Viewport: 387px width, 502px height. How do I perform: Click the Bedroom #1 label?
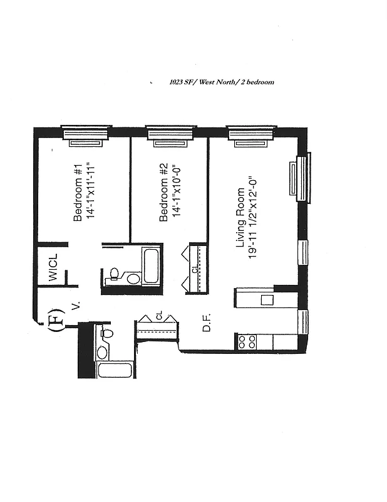tap(78, 193)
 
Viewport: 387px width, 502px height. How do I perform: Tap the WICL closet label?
tap(53, 267)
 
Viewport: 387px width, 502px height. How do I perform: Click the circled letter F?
tap(54, 318)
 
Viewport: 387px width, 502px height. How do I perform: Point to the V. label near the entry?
tap(76, 306)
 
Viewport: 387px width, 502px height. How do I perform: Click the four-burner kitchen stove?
tap(247, 342)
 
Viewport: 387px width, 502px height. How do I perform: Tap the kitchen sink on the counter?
tap(267, 299)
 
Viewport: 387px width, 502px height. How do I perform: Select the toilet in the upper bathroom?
tap(113, 274)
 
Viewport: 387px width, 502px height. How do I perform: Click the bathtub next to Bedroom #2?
tap(151, 266)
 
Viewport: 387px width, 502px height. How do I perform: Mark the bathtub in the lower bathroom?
tap(114, 370)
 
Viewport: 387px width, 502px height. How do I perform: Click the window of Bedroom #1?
tap(86, 134)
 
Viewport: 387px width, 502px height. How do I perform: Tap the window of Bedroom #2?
tap(168, 134)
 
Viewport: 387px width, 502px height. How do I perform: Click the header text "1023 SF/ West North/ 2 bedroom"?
tap(222, 82)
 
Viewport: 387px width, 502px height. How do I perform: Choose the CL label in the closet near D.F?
tap(159, 316)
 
